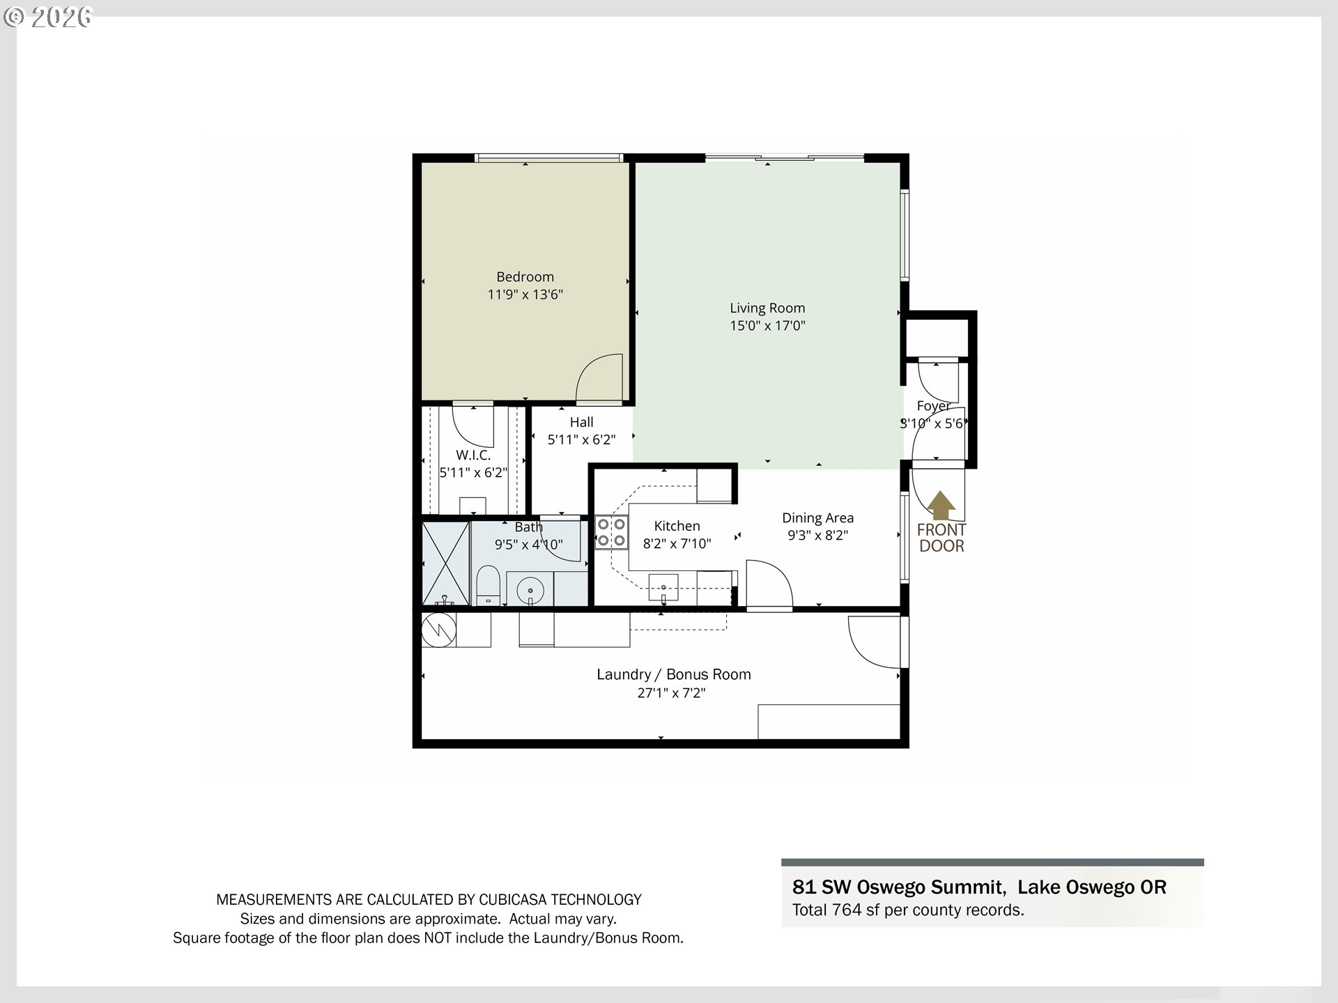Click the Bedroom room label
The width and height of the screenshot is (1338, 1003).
(x=525, y=277)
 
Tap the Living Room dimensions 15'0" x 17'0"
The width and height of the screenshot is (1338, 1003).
(x=767, y=325)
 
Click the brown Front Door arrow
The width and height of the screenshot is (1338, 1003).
(x=941, y=506)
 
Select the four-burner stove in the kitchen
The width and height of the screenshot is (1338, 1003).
(x=611, y=532)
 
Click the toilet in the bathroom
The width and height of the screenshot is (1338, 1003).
(x=488, y=586)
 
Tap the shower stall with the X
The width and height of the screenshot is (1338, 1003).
(x=446, y=563)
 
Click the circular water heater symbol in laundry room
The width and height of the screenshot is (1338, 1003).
(x=439, y=630)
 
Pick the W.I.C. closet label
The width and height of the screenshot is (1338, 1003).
(x=473, y=455)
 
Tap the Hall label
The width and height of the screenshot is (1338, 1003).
(x=581, y=422)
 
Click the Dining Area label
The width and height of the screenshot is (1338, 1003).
(x=817, y=518)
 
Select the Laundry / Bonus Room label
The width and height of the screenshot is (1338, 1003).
(x=673, y=674)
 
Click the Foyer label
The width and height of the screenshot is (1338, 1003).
(x=933, y=405)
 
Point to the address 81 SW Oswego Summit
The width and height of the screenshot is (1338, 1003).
(x=898, y=887)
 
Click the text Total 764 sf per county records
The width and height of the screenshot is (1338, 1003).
(x=907, y=910)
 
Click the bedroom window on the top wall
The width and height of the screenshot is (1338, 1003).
(x=548, y=159)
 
